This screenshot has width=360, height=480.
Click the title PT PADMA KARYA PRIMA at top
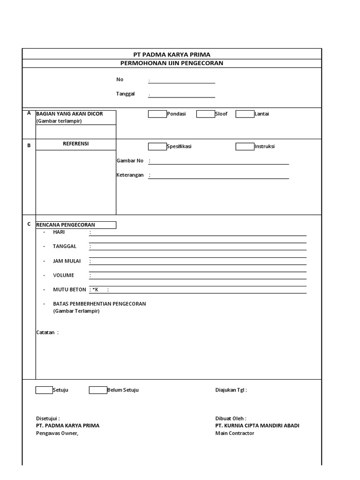pos(172,54)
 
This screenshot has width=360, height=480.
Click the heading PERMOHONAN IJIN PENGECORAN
pos(172,63)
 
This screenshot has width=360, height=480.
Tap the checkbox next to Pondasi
pos(157,114)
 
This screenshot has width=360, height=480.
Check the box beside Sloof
pos(205,114)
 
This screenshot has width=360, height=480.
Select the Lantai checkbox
pos(245,114)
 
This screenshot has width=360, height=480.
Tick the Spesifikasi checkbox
pos(157,146)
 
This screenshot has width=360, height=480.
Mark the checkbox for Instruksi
pos(245,146)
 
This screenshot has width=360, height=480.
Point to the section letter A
pos(29,113)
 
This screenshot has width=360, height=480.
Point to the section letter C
pos(29,224)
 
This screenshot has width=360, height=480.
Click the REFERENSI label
pos(76,144)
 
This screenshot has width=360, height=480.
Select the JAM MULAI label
pos(64,261)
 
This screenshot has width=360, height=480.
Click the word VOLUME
pos(63,275)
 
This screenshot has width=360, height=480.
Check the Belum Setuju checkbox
pos(98,390)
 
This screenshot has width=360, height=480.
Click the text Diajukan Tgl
pos(231,390)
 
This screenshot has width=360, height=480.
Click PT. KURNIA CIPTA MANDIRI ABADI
pos(257,426)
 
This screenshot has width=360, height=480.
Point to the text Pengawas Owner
pos(57,433)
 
